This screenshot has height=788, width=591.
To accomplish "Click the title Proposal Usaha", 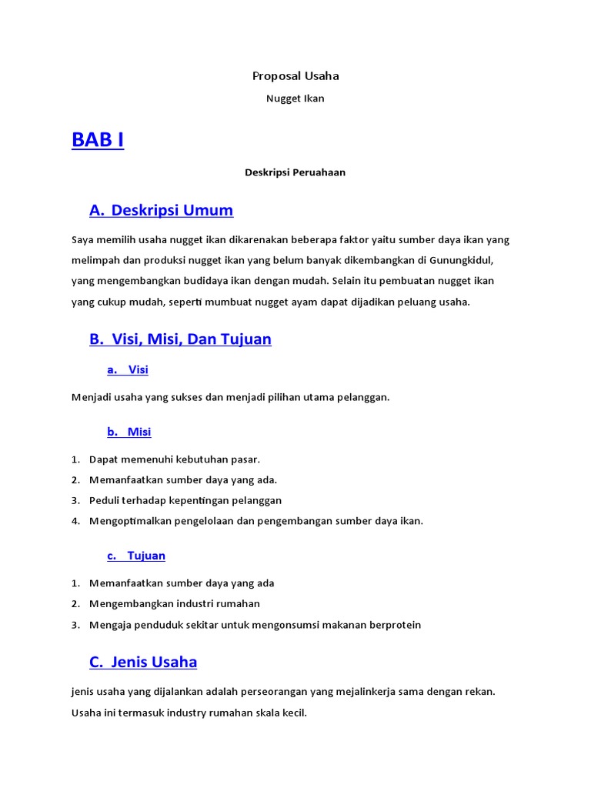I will [295, 76].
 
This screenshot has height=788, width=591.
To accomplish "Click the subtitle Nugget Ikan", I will [295, 98].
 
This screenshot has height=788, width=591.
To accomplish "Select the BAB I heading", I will [98, 141].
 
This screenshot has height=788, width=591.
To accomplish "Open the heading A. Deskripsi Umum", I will [161, 210].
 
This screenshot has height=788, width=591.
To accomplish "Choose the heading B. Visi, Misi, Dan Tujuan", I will [180, 339].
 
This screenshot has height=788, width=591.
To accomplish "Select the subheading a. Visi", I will [128, 370].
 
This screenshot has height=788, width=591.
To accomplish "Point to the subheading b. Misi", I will [129, 432].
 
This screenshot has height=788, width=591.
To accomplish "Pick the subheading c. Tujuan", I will [136, 556].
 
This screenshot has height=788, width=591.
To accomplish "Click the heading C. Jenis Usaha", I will [143, 662].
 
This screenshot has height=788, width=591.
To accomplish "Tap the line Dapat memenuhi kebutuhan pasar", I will [175, 459].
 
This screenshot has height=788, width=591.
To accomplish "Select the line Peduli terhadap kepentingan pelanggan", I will [185, 500].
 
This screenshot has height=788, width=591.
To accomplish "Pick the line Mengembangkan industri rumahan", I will [175, 604].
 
